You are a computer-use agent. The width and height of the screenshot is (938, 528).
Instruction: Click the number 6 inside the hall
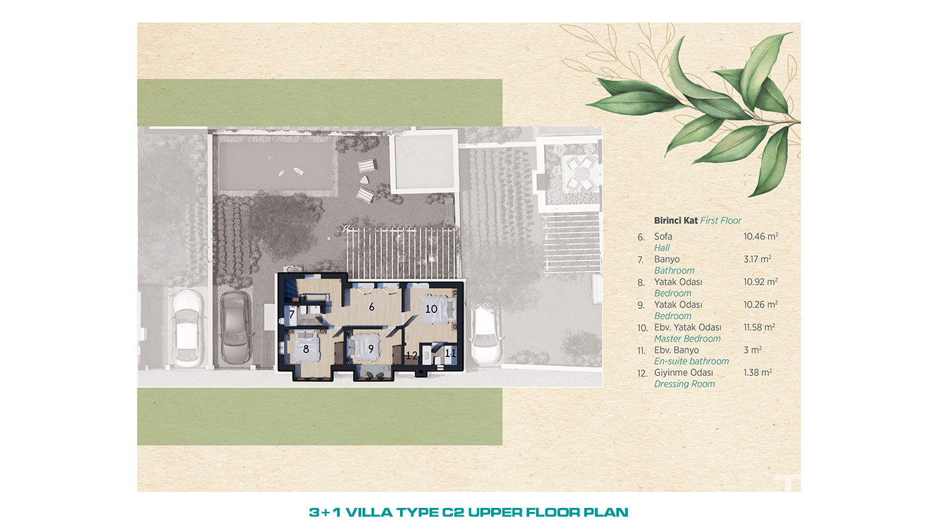point(371,308)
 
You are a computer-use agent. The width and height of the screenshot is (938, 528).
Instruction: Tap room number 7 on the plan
point(292,314)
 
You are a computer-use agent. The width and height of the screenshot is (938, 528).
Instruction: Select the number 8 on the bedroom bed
point(306,349)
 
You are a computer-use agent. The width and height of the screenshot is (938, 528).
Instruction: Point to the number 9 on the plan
point(371,349)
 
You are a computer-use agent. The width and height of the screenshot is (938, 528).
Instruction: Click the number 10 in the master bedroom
point(431,309)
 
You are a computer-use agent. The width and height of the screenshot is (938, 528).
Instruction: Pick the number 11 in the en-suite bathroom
point(450,353)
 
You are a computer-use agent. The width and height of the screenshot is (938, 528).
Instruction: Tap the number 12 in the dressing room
point(411,356)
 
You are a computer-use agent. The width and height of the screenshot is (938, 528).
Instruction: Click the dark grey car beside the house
point(235,327)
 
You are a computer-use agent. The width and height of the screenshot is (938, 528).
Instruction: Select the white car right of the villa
point(486,336)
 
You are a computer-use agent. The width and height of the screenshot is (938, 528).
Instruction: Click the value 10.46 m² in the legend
point(761,236)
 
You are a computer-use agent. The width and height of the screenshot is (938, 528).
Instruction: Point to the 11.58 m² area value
point(759,327)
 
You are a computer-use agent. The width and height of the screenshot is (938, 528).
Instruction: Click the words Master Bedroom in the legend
point(687,338)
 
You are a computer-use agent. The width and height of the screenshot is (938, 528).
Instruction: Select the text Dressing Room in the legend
point(685,384)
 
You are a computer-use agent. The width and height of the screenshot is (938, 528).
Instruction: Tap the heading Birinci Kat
point(676,220)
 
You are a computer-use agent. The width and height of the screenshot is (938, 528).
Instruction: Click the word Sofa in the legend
point(663,236)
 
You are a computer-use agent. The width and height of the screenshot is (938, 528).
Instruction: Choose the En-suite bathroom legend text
point(691,361)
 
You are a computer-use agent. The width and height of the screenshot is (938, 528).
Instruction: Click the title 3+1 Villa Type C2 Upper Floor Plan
point(468,512)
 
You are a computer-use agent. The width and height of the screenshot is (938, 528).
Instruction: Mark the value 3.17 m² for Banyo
point(758,259)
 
